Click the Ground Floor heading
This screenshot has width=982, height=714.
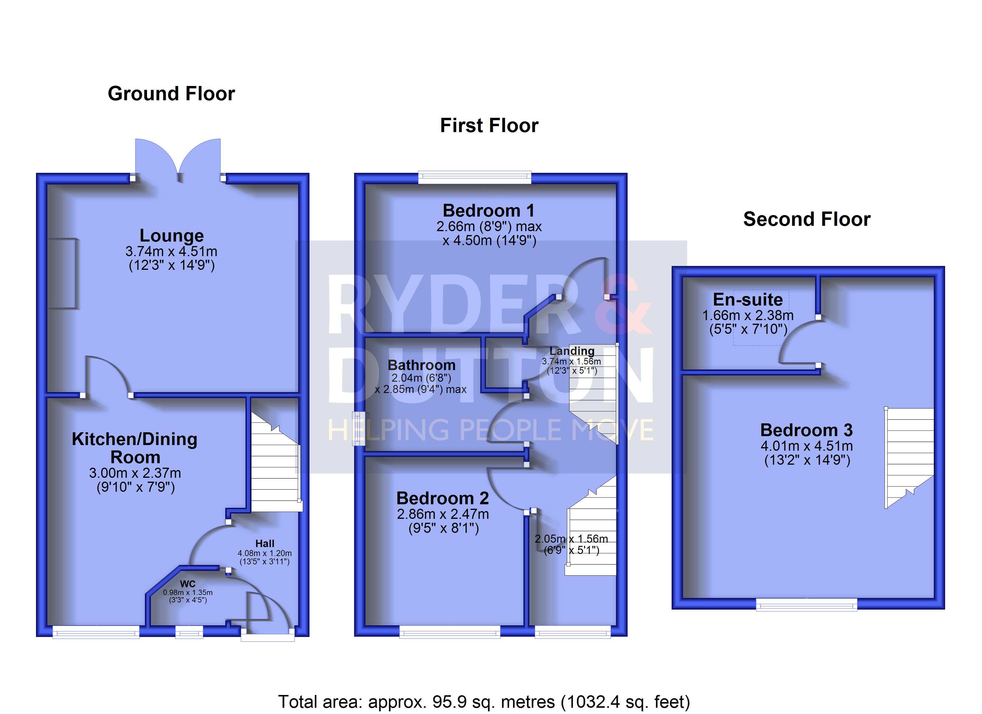[x=171, y=93]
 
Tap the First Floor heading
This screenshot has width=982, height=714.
[x=489, y=126]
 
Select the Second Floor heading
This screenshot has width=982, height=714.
[x=807, y=219]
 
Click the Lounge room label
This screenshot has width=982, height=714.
[x=171, y=236]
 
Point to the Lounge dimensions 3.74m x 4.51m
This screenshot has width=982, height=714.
[x=171, y=251]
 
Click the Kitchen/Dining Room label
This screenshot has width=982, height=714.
[x=135, y=448]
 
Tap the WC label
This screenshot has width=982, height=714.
[x=187, y=584]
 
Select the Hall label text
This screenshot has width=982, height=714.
[x=265, y=544]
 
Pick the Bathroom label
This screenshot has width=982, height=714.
[x=421, y=365]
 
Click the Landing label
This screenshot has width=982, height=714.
[x=572, y=351]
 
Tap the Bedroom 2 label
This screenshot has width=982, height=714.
[x=442, y=498]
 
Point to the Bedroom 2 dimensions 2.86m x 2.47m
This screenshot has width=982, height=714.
[x=443, y=514]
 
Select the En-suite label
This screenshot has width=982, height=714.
[x=748, y=300]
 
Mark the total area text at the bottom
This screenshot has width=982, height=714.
[x=484, y=702]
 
